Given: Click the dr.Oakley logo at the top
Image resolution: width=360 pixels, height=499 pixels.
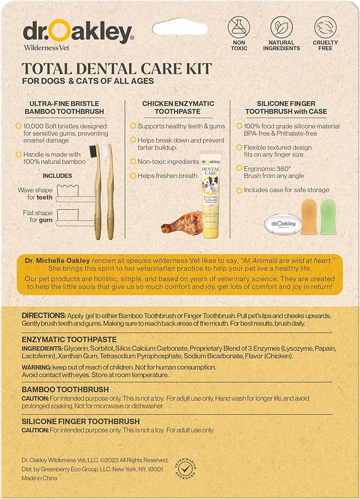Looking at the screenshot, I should (x=77, y=33).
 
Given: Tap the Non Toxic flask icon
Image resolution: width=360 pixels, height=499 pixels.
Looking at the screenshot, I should (x=239, y=28).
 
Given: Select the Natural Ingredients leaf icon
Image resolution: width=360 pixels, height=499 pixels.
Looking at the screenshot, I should (x=282, y=28).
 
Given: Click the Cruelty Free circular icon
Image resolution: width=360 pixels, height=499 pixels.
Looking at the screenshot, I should (x=325, y=28).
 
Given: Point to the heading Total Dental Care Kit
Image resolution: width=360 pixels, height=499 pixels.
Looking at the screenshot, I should (x=117, y=69).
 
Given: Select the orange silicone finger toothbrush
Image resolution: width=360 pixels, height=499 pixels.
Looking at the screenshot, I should (x=309, y=216).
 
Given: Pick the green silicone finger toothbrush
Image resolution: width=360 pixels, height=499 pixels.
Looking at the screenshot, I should (x=327, y=216).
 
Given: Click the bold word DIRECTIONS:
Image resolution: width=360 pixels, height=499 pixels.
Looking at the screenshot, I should (x=44, y=316).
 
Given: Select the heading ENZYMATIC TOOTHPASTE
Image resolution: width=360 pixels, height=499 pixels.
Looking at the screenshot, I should (x=69, y=339).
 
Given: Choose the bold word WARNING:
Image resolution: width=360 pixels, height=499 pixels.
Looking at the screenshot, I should (x=37, y=367).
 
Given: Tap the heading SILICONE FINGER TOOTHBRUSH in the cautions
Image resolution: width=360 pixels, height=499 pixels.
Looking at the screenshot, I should (x=81, y=421).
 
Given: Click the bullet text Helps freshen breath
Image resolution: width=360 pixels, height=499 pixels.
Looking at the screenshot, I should (x=164, y=176).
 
